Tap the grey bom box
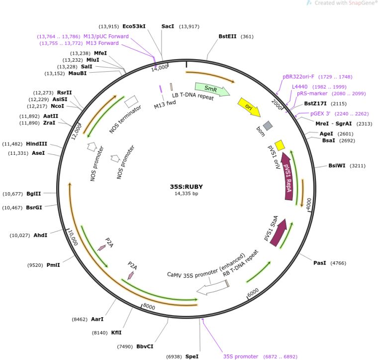click(268, 126)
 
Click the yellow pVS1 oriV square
click(280, 145)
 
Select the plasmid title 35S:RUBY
click(187, 187)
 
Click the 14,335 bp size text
click(186, 194)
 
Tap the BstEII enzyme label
click(228, 36)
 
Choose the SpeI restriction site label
click(192, 357)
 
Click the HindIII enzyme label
click(36, 144)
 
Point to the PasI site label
click(319, 262)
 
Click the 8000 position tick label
click(149, 306)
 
